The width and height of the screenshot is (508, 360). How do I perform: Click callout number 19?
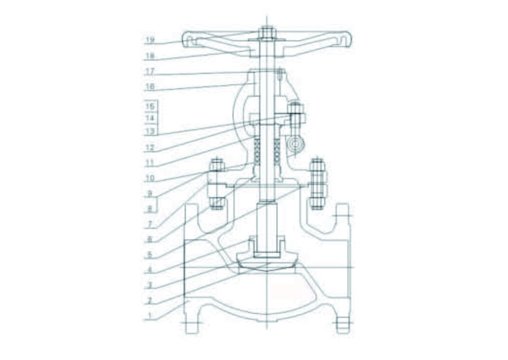pos(150,40)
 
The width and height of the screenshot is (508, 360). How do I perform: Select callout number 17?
pos(150,72)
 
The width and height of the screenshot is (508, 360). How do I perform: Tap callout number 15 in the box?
pos(150,106)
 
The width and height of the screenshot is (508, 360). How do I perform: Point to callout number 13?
pos(150,132)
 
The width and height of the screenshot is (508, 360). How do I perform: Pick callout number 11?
pos(150,162)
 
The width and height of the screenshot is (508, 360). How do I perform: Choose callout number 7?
pos(150,224)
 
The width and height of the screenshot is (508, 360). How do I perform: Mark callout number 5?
pos(150,255)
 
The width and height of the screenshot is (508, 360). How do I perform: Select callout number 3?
pos(150,286)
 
